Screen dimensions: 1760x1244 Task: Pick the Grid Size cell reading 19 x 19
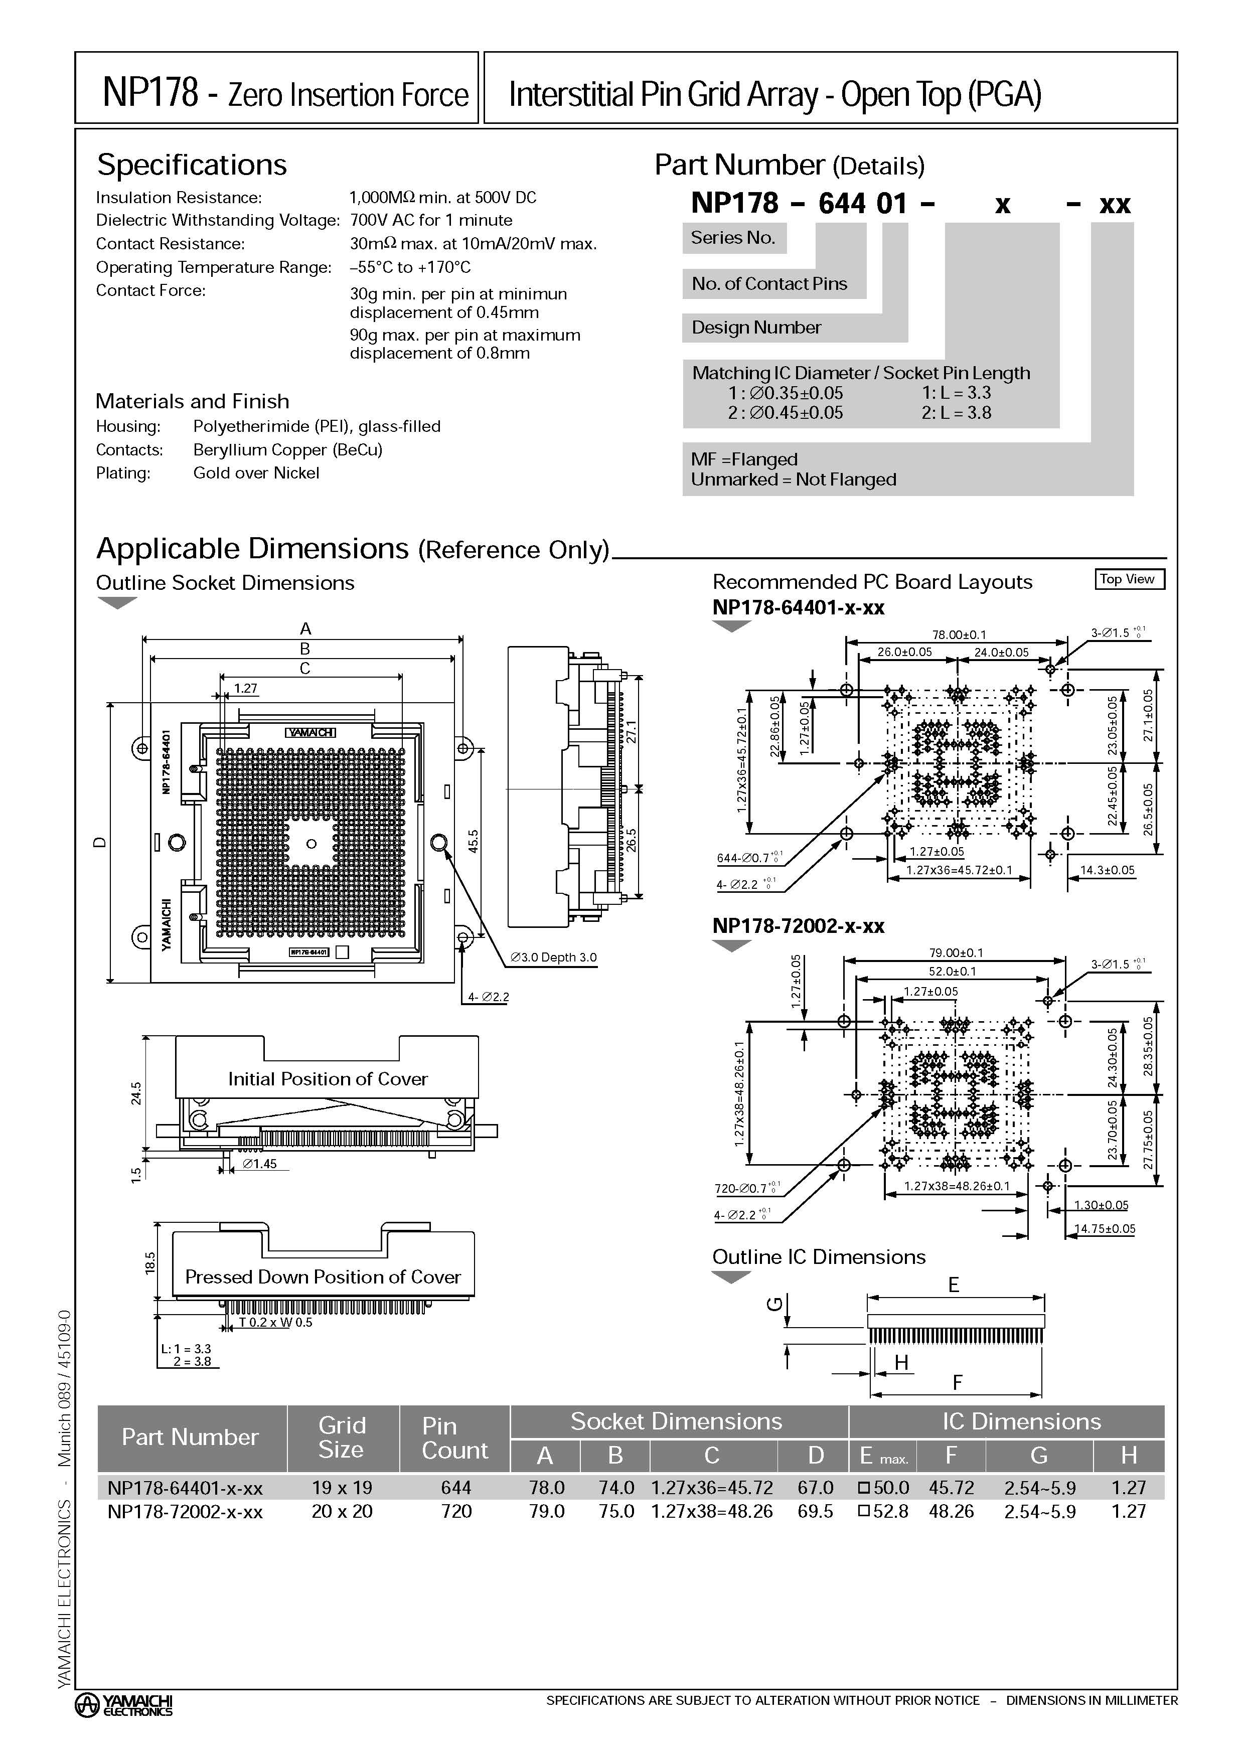(342, 1487)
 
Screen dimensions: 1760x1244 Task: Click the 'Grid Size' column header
(342, 1437)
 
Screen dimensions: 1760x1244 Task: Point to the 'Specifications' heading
(192, 165)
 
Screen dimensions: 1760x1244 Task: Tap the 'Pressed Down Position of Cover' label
(323, 1276)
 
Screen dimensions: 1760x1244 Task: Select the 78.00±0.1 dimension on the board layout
(959, 634)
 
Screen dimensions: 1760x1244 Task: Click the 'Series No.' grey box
(733, 238)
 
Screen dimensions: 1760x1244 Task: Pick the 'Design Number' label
(756, 328)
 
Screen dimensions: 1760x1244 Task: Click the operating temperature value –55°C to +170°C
(410, 267)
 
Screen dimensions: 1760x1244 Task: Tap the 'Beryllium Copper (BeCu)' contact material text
(287, 449)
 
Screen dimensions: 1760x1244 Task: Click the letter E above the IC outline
(954, 1285)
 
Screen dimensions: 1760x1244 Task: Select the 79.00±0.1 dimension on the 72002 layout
(956, 953)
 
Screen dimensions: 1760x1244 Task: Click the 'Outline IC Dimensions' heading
(819, 1257)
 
